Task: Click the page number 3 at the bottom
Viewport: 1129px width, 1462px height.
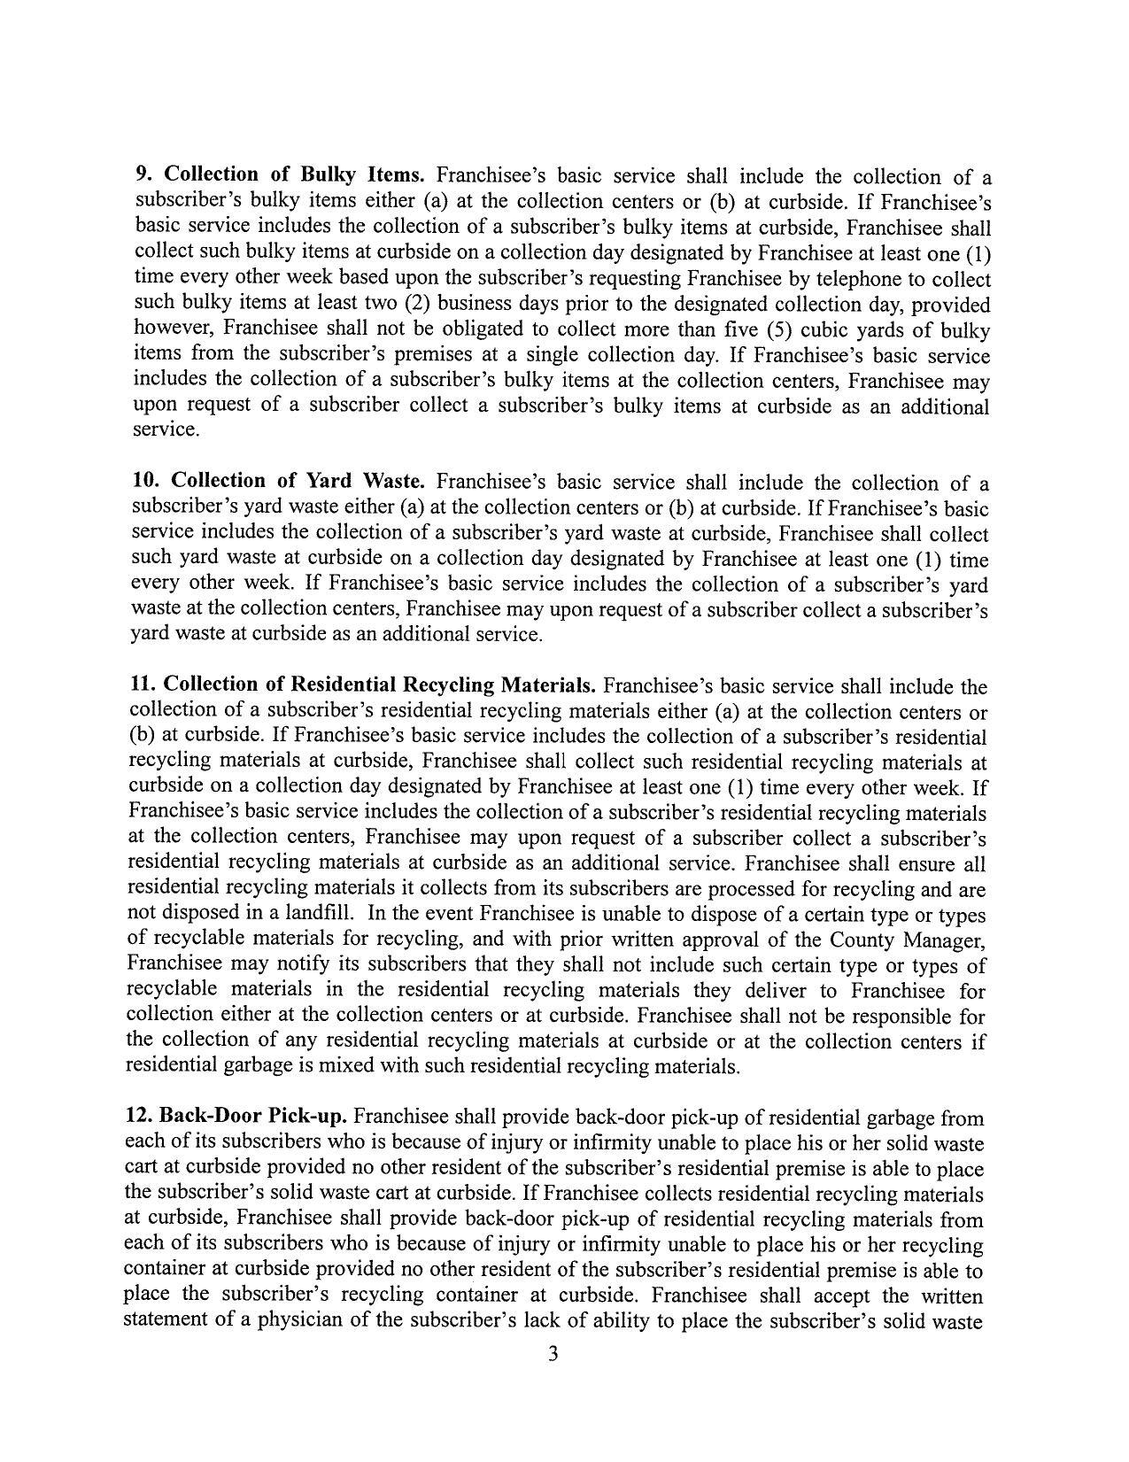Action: [553, 1354]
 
